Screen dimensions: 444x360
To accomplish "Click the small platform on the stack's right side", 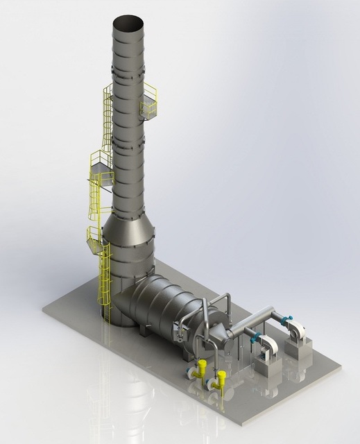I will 150,104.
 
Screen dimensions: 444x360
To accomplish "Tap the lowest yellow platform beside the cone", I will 94,235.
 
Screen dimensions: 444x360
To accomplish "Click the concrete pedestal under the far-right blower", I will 300,348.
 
